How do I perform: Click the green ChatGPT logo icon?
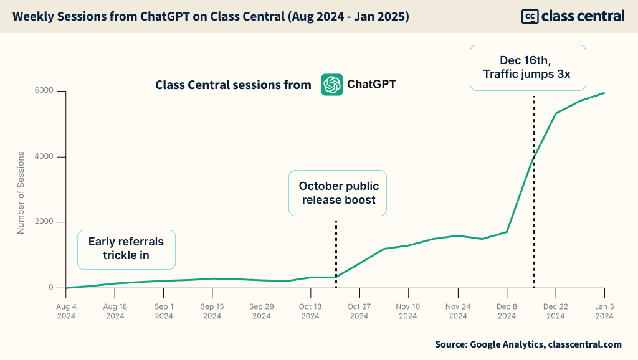tap(332, 85)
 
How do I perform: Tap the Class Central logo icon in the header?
tap(530, 17)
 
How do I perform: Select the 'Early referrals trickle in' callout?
tap(126, 249)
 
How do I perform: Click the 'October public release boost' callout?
tap(338, 193)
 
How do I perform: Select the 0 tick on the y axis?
tap(53, 288)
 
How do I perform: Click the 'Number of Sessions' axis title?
tap(21, 192)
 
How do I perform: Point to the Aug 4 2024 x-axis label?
tap(66, 311)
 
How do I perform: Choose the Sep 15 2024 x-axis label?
tap(212, 311)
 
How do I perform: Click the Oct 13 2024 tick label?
tap(310, 311)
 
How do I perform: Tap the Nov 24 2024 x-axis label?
tap(458, 311)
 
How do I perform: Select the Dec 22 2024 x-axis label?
tap(556, 311)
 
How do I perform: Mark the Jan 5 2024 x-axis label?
tap(604, 311)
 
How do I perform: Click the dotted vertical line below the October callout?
tap(336, 252)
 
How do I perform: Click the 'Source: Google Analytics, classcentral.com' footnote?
tap(528, 344)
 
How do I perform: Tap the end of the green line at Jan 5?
tap(604, 93)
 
